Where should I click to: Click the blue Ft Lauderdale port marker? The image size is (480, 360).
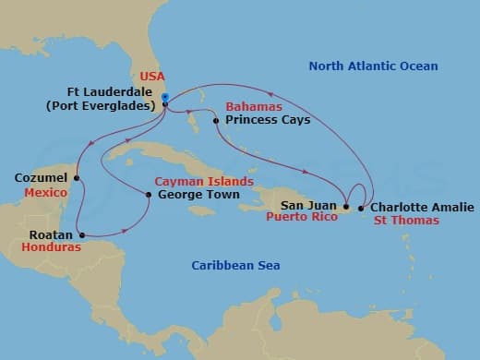164,97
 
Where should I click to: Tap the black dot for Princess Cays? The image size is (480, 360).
215,121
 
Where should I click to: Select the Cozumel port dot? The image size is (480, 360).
76,178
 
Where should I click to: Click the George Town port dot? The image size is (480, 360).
149,194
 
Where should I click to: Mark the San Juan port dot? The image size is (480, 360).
345,207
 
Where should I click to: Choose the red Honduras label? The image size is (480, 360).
51,247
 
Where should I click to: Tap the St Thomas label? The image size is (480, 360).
406,221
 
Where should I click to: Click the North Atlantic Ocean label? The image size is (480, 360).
373,66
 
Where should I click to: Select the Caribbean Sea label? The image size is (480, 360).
235,266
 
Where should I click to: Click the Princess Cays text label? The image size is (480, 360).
260,121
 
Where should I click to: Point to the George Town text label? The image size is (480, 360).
199,195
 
